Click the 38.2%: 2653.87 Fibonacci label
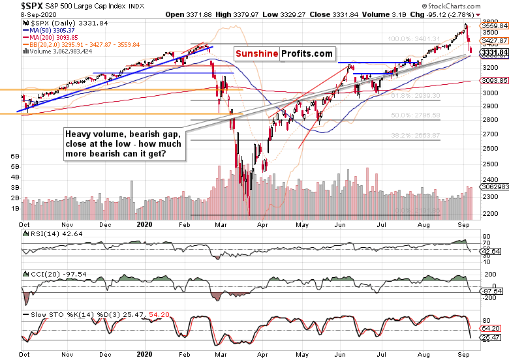click(414, 135)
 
